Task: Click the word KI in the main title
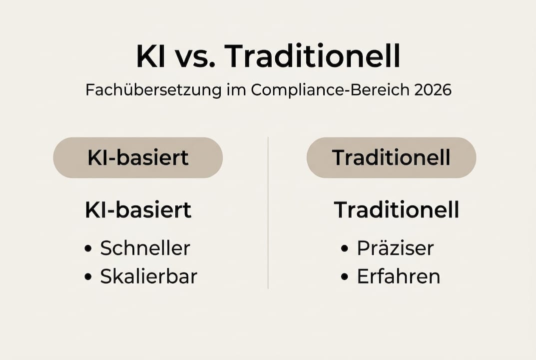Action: (151, 57)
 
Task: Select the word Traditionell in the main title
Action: (312, 57)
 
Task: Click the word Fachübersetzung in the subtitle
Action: (153, 90)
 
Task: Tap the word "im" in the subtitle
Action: (236, 90)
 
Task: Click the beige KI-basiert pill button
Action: (138, 157)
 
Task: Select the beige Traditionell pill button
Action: (391, 157)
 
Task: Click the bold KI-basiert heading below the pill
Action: (138, 210)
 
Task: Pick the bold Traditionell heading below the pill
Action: (396, 210)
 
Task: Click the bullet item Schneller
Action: (145, 248)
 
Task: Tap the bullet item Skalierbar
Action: (148, 276)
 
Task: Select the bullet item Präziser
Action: (395, 248)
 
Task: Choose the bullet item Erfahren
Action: (398, 276)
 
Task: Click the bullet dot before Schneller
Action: (88, 248)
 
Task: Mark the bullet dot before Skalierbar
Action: (88, 277)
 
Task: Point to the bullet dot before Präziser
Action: (345, 248)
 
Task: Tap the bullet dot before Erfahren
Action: (345, 277)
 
